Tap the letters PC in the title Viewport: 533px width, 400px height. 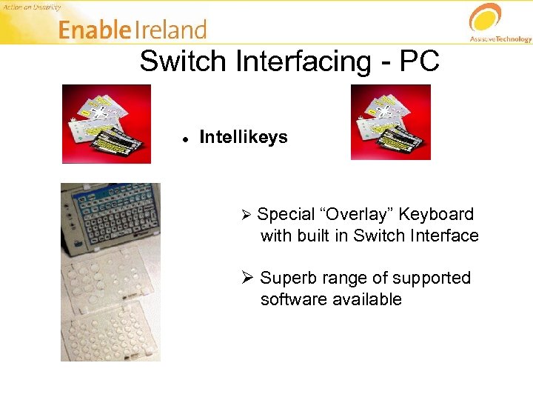pos(419,61)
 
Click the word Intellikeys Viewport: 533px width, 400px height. pos(244,137)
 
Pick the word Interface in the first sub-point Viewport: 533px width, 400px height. pos(443,236)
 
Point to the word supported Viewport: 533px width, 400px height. pos(431,279)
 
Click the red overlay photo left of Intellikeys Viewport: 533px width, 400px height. pos(106,123)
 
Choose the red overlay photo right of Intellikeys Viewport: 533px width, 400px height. pos(390,121)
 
